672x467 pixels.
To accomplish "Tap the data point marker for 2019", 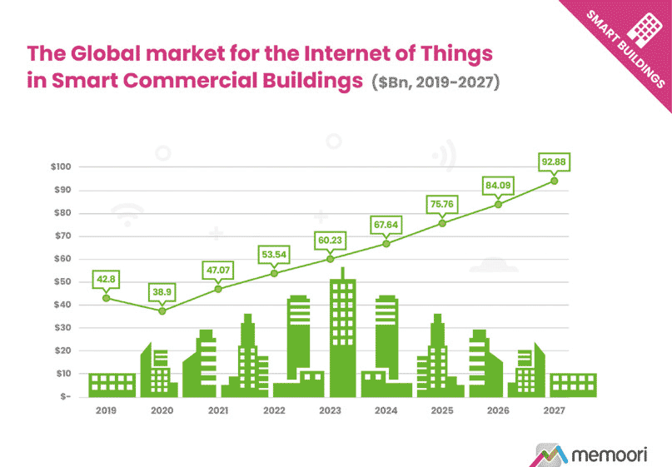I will click(x=106, y=298).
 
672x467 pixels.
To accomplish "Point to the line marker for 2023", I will click(x=330, y=259).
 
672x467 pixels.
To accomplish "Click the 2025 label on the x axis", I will click(x=442, y=410).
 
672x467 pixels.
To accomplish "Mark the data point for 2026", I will click(x=498, y=204).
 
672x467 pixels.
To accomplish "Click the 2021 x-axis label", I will click(x=217, y=410).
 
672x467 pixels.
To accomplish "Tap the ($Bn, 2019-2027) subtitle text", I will click(x=436, y=84).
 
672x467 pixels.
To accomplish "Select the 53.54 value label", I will click(x=274, y=253).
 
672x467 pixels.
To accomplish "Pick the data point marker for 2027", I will click(x=554, y=181).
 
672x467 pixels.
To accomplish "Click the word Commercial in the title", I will click(x=189, y=82).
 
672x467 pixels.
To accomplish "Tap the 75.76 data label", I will click(x=442, y=203).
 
